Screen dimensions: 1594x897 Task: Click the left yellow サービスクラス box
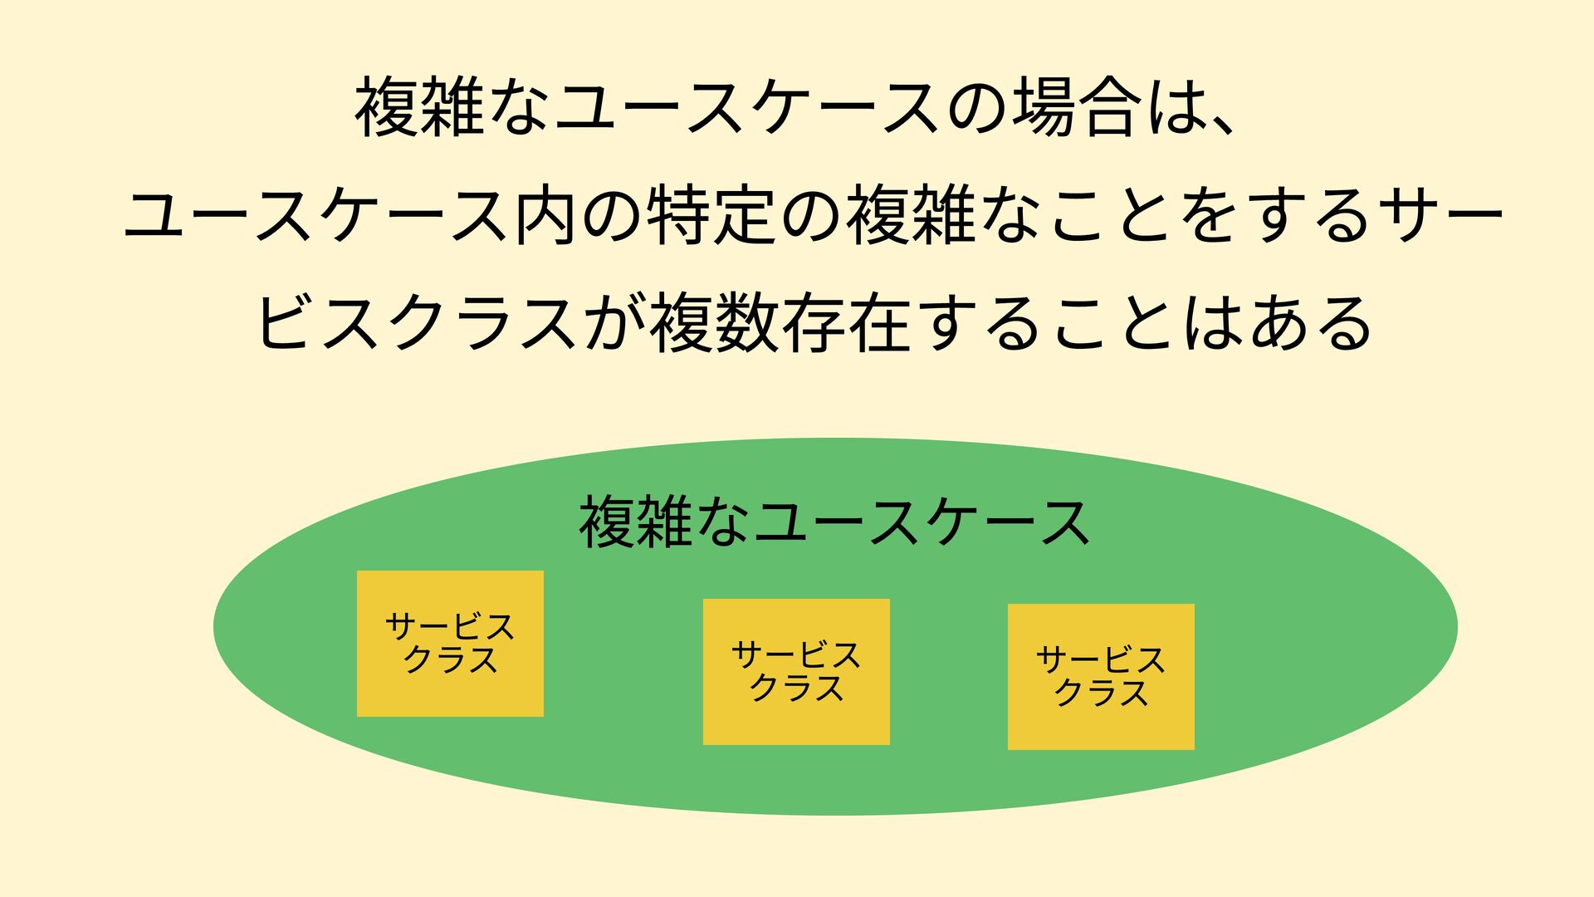click(x=450, y=644)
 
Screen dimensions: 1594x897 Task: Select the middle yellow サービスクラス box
click(x=796, y=672)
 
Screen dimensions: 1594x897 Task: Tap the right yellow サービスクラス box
click(x=1101, y=677)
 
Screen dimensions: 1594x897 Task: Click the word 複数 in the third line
click(x=715, y=324)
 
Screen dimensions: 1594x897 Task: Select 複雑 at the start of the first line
click(x=418, y=109)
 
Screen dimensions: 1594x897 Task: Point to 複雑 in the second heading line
click(x=909, y=216)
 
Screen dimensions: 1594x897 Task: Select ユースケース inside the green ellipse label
click(x=922, y=522)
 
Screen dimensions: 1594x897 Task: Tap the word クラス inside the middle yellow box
click(x=796, y=689)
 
